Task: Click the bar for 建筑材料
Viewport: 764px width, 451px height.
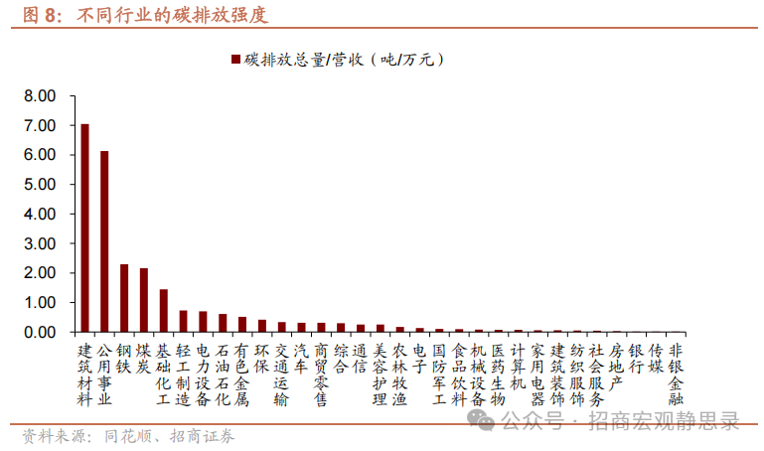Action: (84, 227)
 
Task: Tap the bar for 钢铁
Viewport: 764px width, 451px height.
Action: (124, 298)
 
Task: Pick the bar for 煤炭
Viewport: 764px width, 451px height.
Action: (144, 300)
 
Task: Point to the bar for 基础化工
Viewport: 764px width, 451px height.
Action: (163, 311)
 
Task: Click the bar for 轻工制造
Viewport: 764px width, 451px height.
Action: (183, 321)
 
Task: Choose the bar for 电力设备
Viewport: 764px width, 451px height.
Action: (203, 322)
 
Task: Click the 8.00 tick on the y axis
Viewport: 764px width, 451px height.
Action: (40, 96)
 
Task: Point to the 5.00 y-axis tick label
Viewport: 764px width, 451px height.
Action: (40, 185)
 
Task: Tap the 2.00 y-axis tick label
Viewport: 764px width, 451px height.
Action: (40, 273)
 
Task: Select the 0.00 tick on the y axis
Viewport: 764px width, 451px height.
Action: (40, 332)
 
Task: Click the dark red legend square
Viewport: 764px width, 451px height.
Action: (235, 60)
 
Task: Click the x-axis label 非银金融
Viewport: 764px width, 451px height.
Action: (676, 367)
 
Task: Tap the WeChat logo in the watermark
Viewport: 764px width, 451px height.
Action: (484, 422)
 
